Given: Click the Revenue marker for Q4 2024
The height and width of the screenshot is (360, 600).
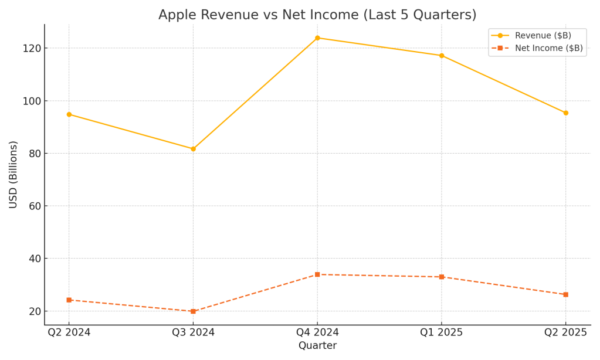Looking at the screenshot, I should pos(317,38).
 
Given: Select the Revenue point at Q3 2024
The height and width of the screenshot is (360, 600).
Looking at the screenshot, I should pos(193,149).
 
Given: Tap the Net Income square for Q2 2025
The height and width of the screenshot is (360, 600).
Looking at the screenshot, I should pos(565,294).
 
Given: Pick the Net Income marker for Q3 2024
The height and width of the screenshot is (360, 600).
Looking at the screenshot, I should pos(193,311).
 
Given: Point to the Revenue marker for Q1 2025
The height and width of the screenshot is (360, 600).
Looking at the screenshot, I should pos(442,56).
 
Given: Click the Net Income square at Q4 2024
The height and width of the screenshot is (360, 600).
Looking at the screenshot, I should pos(317,274).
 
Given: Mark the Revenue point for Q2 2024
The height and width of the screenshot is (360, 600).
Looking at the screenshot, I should pos(69,114).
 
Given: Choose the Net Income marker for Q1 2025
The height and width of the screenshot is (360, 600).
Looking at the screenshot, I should pos(442,277).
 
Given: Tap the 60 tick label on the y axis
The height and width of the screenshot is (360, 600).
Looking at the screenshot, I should pos(33,206).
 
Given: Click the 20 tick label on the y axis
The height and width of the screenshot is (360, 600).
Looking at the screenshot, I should pos(33,311).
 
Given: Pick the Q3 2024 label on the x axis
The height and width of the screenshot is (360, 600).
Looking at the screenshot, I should pos(193,332).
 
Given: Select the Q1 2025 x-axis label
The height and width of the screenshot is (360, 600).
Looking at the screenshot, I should pos(442,332).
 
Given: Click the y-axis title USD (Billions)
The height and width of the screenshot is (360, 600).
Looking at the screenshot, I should pos(13,175).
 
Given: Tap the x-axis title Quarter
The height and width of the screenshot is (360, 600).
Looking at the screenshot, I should pos(317,346).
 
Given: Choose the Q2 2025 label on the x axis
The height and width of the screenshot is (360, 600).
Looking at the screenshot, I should pos(565,332).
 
